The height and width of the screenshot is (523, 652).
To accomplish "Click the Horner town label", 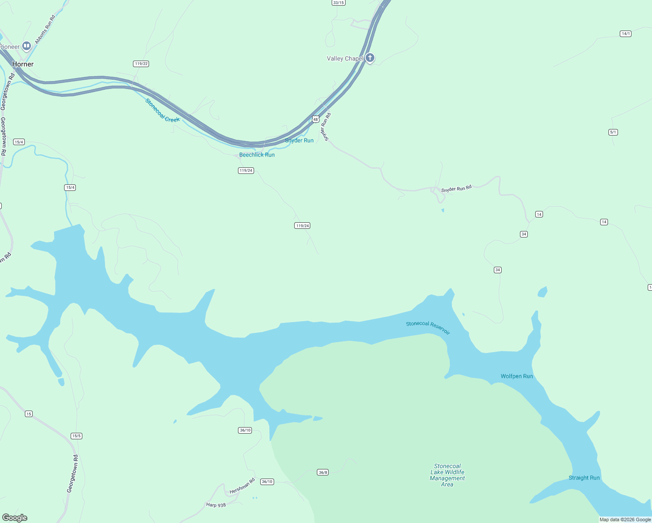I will (23, 64).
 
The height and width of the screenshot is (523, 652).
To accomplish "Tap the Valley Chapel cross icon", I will (370, 58).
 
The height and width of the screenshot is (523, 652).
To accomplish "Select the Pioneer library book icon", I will (27, 46).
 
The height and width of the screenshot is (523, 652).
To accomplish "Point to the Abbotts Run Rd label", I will (45, 30).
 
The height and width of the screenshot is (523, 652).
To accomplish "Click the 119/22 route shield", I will (142, 64).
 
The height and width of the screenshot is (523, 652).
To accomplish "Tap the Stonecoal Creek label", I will (162, 110).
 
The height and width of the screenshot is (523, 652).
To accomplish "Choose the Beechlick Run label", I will (257, 155).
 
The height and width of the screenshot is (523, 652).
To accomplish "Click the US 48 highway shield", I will (316, 119).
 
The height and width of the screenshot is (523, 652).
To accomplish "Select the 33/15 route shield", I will (338, 3).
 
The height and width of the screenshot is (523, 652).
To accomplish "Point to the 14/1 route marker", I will (625, 34).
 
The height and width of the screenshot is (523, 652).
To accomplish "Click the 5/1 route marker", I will (613, 132).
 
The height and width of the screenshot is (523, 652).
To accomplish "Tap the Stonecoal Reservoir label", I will (428, 327).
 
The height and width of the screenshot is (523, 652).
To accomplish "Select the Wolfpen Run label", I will (516, 376).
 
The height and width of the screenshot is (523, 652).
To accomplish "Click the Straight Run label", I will (584, 478).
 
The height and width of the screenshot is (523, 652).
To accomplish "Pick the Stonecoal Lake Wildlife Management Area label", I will (447, 475).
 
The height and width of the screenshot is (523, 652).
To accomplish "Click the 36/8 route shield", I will (323, 472).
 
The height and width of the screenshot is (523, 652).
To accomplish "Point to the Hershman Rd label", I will (242, 486).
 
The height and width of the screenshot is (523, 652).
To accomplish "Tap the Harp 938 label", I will (216, 505).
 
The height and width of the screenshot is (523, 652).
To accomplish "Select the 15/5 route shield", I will (76, 436).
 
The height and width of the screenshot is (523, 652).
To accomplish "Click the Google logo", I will (15, 518).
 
